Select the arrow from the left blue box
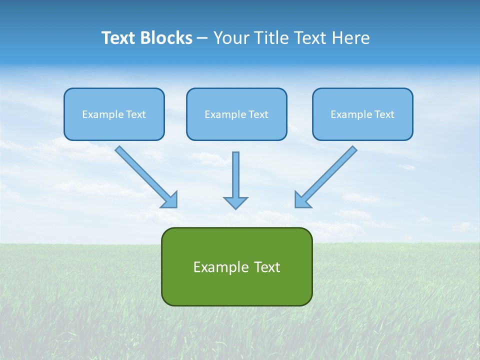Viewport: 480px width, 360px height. (145, 175)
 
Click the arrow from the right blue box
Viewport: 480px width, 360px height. (327, 175)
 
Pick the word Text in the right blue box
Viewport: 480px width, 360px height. (384, 114)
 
